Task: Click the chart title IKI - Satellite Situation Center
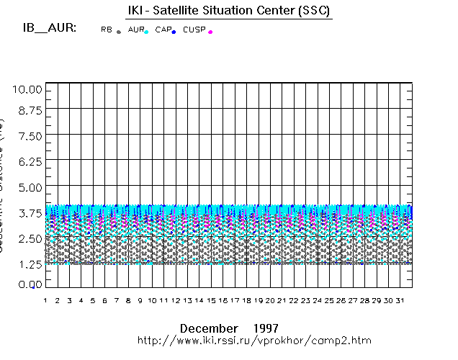225,9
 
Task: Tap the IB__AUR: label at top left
50,29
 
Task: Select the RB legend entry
107,30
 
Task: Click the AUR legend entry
135,30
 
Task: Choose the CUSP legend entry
194,30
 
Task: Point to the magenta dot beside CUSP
210,32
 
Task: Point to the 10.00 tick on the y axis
30,89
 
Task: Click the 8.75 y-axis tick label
30,110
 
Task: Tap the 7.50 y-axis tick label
30,136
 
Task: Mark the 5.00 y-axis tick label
30,187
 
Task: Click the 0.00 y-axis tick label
30,285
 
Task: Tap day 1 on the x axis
45,300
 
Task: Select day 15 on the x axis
211,300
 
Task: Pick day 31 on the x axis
400,300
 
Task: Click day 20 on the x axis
270,300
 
